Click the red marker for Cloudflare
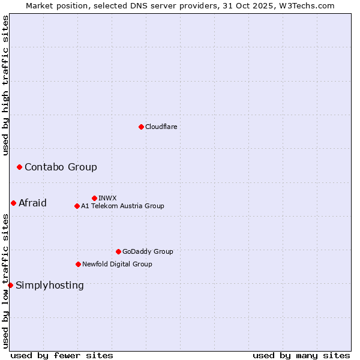pyautogui.click(x=141, y=127)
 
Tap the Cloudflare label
pyautogui.click(x=161, y=127)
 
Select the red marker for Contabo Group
pyautogui.click(x=19, y=167)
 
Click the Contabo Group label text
pyautogui.click(x=61, y=167)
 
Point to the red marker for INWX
pyautogui.click(x=94, y=198)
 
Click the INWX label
pyautogui.click(x=107, y=198)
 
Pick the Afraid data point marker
pyautogui.click(x=13, y=203)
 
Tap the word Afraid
pyautogui.click(x=32, y=203)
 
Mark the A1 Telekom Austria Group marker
pyautogui.click(x=77, y=206)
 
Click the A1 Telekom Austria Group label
pyautogui.click(x=122, y=206)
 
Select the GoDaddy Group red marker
pyautogui.click(x=118, y=251)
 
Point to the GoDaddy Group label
pyautogui.click(x=148, y=251)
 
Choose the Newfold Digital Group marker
pyautogui.click(x=78, y=264)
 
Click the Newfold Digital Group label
pyautogui.click(x=117, y=264)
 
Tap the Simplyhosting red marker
pyautogui.click(x=10, y=285)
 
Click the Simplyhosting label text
pyautogui.click(x=50, y=285)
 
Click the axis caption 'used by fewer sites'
pyautogui.click(x=62, y=355)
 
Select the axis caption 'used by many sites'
pyautogui.click(x=301, y=355)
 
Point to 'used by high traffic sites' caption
pyautogui.click(x=6, y=85)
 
